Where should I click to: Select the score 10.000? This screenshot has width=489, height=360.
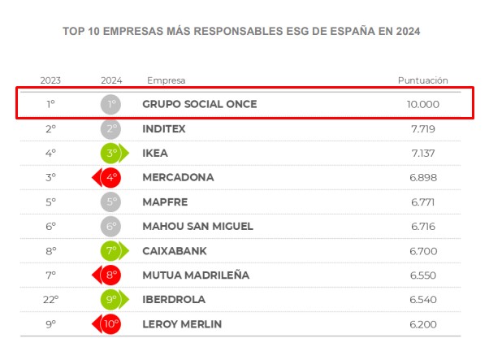(x=423, y=104)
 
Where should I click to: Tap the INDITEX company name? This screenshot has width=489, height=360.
(x=163, y=128)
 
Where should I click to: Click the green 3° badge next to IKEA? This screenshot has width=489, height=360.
(x=111, y=153)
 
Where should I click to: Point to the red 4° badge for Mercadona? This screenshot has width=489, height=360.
(x=111, y=177)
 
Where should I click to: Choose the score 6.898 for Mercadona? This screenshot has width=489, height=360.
(x=423, y=177)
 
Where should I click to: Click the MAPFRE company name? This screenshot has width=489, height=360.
(x=164, y=202)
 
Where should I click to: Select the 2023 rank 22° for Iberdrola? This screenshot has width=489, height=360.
(x=50, y=300)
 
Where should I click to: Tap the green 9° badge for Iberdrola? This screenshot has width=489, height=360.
(x=111, y=300)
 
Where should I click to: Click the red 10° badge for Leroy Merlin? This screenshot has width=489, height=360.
(x=111, y=324)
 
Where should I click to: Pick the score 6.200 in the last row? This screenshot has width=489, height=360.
(x=423, y=324)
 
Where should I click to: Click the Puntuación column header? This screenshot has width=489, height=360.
(x=422, y=80)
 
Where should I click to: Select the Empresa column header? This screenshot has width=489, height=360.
(x=166, y=80)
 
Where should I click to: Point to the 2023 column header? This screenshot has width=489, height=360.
(x=50, y=80)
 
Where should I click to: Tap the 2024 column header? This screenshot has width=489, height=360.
(x=111, y=80)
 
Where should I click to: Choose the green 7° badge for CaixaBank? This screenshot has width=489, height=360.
(x=111, y=250)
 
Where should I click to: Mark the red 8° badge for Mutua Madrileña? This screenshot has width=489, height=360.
(x=111, y=275)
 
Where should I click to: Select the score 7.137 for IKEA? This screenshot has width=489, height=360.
(x=423, y=153)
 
